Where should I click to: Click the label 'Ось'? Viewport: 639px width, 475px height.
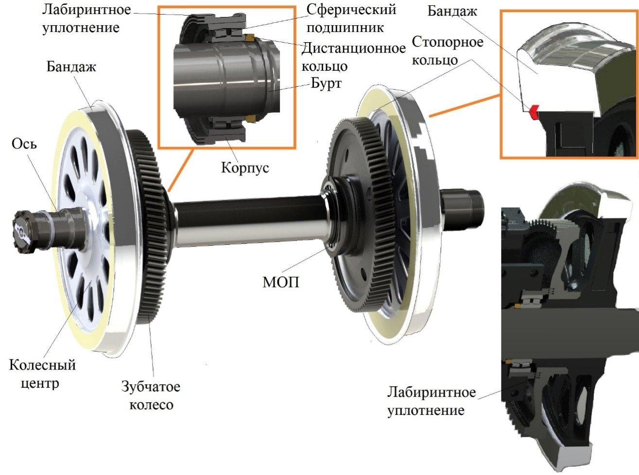point(24,144)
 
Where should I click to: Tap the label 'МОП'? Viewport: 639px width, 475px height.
point(281,282)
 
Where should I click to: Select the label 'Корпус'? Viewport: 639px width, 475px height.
point(245,167)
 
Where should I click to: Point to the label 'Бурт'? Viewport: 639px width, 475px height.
point(326,83)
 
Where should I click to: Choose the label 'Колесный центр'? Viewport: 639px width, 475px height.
point(42,374)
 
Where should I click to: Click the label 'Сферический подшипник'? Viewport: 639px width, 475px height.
point(351,19)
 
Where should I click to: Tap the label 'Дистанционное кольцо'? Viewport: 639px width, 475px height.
point(353,57)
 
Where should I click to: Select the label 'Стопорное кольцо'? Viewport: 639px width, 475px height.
point(448,51)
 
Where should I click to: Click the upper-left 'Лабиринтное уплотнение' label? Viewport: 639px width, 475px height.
point(86,19)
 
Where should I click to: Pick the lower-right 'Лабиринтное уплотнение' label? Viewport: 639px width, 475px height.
point(432,401)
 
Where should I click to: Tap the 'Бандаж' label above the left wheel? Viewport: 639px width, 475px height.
point(71,66)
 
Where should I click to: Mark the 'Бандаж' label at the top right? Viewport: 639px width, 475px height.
point(452,11)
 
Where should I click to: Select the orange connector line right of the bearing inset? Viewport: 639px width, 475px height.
point(464,106)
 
